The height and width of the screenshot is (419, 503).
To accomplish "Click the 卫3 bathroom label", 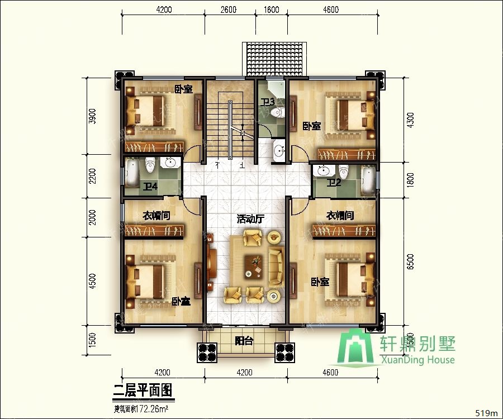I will click(268, 102).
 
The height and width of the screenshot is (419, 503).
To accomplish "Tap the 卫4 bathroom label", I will click(149, 186).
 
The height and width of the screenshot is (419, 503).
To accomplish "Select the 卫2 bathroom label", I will click(334, 182).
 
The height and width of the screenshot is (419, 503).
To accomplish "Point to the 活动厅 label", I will click(250, 220).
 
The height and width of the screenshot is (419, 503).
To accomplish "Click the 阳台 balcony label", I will click(243, 341).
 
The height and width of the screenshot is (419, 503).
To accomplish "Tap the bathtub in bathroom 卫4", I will click(132, 174).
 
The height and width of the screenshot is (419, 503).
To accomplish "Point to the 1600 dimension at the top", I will click(271, 9).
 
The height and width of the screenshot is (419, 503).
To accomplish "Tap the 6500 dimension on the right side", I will click(410, 264).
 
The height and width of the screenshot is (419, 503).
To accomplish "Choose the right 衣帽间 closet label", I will click(340, 216).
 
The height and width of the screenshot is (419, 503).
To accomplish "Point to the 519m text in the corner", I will click(486, 413).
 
